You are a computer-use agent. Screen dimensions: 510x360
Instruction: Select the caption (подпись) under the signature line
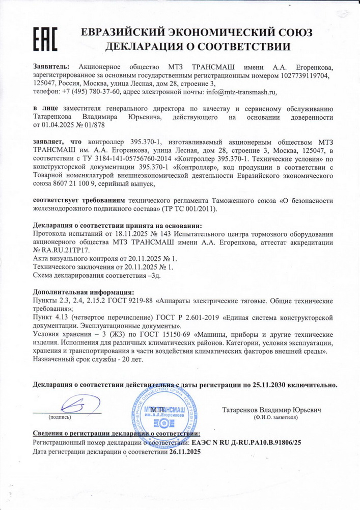[60, 417]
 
